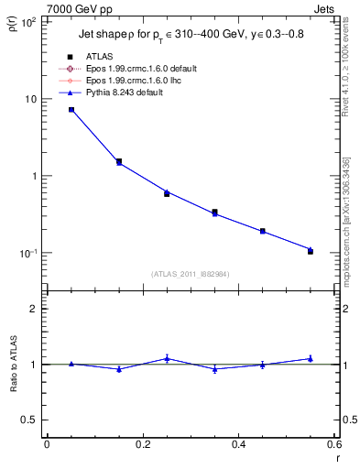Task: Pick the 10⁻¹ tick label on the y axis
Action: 27,254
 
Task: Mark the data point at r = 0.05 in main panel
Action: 71,109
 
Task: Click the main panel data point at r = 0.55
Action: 310,250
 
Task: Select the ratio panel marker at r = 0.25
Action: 167,358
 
